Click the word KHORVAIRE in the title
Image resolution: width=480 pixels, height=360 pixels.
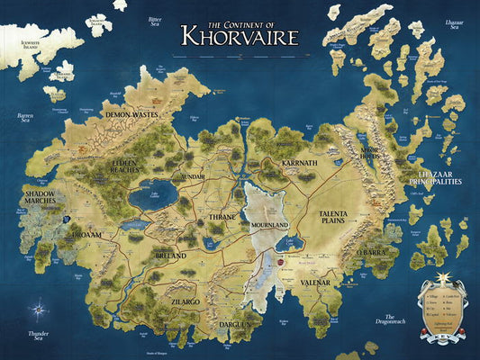(x=239, y=35)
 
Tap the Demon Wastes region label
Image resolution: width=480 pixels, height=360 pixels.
(x=131, y=115)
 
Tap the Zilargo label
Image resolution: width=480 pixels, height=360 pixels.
(x=190, y=292)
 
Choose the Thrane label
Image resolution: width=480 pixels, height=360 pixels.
(x=222, y=217)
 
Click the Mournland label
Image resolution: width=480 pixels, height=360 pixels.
(x=270, y=224)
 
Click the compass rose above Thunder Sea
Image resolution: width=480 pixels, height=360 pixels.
(x=38, y=310)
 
